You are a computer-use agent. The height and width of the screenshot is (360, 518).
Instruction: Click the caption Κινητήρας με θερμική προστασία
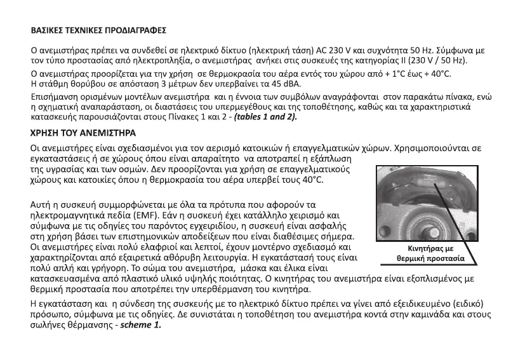pyautogui.click(x=431, y=253)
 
